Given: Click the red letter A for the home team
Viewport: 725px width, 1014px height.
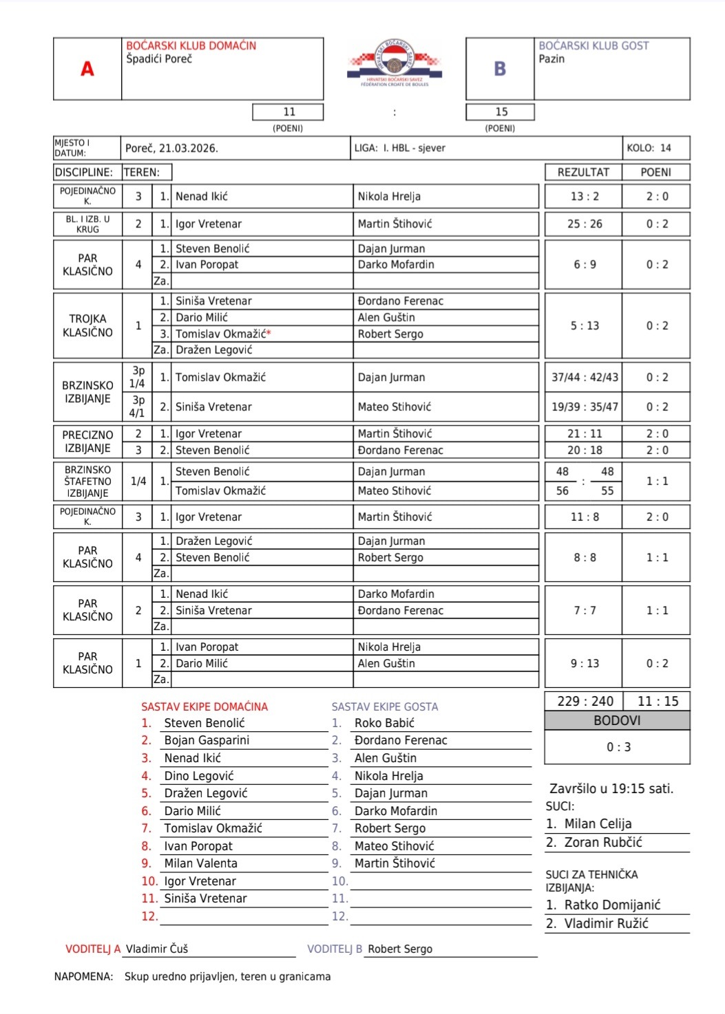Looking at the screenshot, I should click(x=87, y=69).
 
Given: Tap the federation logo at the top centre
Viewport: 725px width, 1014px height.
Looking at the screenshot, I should click(x=395, y=63).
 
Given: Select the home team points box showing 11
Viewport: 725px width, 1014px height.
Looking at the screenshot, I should click(x=288, y=112).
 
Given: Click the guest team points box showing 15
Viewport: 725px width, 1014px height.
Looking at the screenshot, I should click(x=501, y=112).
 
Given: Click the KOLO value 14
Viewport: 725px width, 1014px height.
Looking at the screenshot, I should click(x=665, y=148).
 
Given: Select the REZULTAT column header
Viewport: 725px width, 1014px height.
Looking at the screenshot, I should click(x=583, y=172).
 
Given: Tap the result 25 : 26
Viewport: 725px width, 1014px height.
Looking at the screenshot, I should click(x=585, y=224).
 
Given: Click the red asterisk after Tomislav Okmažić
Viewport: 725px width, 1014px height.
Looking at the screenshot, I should click(x=269, y=334).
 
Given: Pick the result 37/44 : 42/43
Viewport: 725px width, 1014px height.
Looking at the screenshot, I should click(x=585, y=378).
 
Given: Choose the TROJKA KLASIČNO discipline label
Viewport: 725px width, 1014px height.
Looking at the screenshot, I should click(x=87, y=325).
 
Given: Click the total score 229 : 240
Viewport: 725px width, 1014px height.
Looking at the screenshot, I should click(x=585, y=701).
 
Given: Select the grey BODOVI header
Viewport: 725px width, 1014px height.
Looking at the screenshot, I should click(x=617, y=720).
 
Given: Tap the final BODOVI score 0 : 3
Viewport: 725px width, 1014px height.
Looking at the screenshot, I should click(x=618, y=747).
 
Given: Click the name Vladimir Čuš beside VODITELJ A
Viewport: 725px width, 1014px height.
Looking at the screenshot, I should click(x=157, y=949).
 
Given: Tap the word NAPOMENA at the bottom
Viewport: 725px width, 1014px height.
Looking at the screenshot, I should click(x=83, y=977).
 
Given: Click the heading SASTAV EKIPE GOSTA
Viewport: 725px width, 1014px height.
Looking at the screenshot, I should click(x=384, y=706).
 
